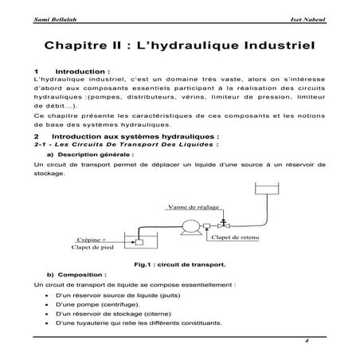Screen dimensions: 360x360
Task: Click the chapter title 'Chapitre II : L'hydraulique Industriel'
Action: coord(180,45)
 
